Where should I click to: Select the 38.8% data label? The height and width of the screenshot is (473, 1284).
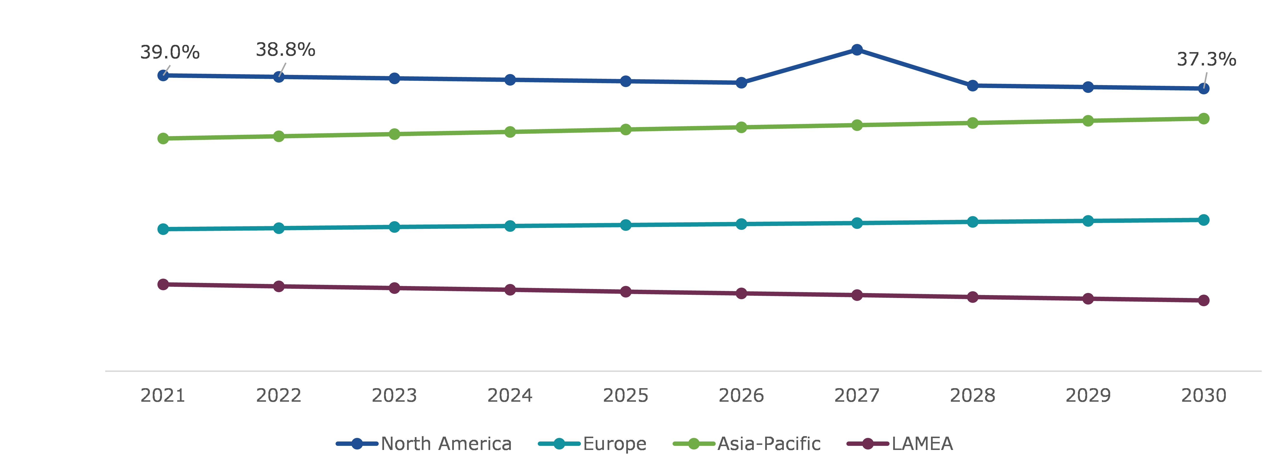(x=286, y=50)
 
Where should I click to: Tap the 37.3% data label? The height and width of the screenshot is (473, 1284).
(x=1206, y=59)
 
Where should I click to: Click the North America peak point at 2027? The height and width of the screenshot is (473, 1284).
(x=857, y=50)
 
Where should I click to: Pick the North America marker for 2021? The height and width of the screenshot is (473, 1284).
(x=163, y=75)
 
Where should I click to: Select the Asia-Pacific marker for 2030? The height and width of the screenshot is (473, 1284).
(x=1203, y=119)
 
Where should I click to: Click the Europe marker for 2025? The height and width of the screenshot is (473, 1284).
(x=626, y=225)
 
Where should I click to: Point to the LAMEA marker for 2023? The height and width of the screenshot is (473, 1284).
(x=394, y=288)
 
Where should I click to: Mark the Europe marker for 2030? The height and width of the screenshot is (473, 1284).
(x=1203, y=220)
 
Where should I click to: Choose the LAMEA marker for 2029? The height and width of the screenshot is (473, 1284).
(x=1088, y=298)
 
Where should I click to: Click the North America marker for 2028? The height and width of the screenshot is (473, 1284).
(x=972, y=86)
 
